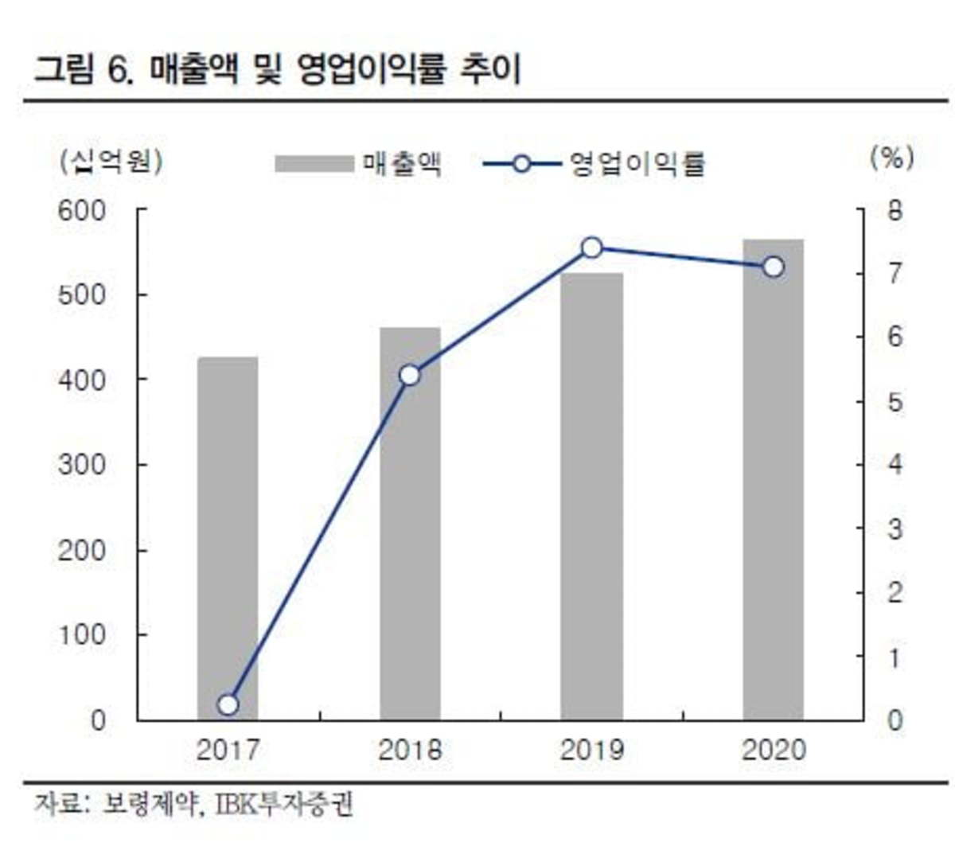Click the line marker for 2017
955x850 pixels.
point(228,704)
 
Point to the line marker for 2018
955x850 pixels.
point(410,375)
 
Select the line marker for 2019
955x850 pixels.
point(591,248)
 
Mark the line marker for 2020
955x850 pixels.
point(774,267)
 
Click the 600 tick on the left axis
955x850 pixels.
point(81,211)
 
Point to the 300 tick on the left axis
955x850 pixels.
point(81,465)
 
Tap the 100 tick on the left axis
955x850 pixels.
point(81,635)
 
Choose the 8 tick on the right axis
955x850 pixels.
point(895,211)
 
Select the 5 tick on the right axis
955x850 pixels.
point(895,401)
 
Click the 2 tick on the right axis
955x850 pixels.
point(895,592)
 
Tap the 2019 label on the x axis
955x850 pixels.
point(591,750)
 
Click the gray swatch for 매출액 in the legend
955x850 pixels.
point(314,164)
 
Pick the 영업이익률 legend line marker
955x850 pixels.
point(521,164)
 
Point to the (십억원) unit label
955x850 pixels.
point(111,162)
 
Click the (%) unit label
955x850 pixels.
point(892,158)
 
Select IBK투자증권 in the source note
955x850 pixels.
point(284,805)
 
